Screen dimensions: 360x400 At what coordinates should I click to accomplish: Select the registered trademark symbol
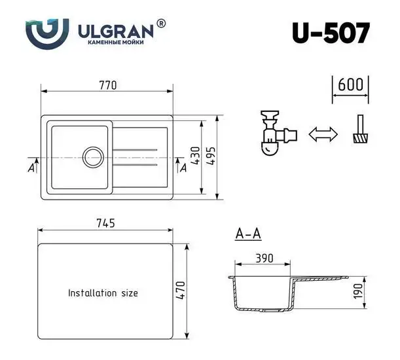point(162,24)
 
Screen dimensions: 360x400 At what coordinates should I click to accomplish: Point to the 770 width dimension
point(107,85)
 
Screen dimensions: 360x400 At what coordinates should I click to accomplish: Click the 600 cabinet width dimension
point(351,85)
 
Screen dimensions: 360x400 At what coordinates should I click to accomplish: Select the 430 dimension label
point(195,156)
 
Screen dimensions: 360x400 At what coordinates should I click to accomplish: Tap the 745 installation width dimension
point(105,223)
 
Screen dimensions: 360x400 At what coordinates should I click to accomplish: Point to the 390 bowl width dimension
point(264,258)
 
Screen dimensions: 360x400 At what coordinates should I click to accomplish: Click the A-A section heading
point(247,234)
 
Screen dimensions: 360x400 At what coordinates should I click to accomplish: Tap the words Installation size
point(103,293)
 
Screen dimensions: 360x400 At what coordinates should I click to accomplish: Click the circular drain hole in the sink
point(92,157)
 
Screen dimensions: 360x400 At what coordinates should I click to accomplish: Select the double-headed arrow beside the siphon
point(323,134)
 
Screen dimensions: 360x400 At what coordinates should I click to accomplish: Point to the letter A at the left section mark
point(31,168)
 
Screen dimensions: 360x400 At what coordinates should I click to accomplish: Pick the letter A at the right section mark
point(183,168)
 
